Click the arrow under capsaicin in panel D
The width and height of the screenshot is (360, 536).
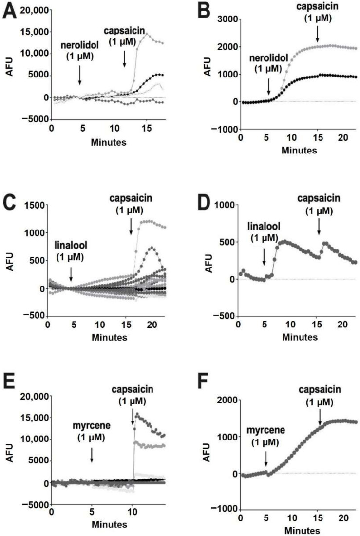(x=319, y=227)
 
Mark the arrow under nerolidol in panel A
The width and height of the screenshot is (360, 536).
(x=79, y=77)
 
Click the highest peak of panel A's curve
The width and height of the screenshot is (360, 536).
(x=145, y=34)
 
